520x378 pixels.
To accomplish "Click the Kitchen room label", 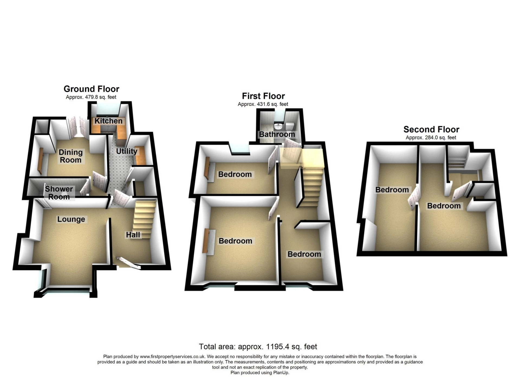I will point(108,121).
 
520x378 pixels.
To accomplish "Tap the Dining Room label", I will point(71,156).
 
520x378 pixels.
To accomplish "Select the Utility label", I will point(126,151).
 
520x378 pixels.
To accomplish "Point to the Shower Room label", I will point(59,193).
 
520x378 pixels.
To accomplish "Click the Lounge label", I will point(71,219).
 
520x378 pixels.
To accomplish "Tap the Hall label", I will point(133,235).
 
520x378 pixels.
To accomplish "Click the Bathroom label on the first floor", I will point(277,134).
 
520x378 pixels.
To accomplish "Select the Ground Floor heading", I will point(91,89).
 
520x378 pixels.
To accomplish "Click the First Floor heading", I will point(263,96).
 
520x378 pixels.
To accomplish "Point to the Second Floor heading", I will point(431,129).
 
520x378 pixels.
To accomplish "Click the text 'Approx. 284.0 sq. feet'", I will point(431,138).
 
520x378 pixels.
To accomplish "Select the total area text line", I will point(258,347).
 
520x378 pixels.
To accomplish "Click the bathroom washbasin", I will point(278,126).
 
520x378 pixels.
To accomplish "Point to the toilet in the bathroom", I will point(290,126).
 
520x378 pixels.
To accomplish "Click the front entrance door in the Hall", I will point(129,263).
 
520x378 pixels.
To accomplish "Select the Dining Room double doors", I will point(77,126).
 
